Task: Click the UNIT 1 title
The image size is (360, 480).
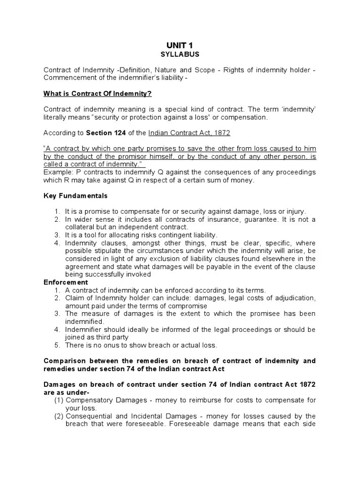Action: [x=180, y=45]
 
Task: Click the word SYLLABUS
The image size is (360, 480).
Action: [x=180, y=54]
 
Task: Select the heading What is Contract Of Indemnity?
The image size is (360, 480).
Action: [x=97, y=94]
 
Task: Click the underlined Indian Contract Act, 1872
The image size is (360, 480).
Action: [x=189, y=133]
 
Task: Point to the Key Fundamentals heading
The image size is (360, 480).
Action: [x=75, y=195]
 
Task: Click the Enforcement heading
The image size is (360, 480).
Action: [x=65, y=282]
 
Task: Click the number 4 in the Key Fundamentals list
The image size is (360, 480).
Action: [x=57, y=243]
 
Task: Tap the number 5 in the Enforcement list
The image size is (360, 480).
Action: [x=57, y=345]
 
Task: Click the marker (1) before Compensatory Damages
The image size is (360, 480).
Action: [x=60, y=400]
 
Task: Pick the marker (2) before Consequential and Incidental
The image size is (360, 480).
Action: [x=60, y=416]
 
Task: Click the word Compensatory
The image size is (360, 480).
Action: [x=89, y=400]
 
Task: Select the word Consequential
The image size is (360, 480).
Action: [x=89, y=416]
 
